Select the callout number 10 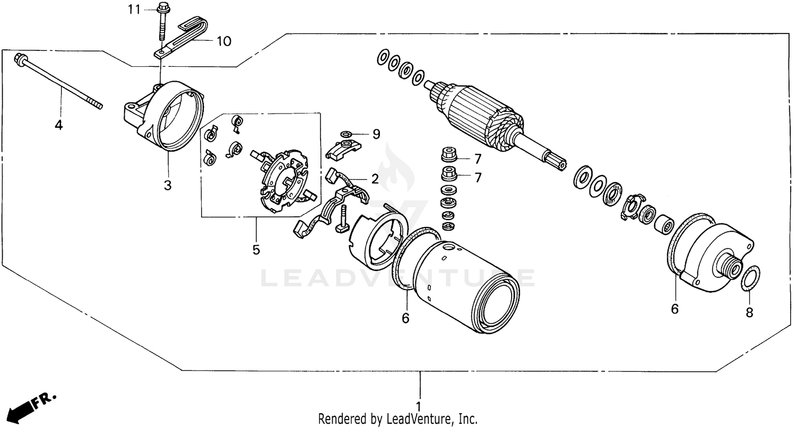tap(223, 41)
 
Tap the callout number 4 tap(58, 126)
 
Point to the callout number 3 tap(168, 185)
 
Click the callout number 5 tap(256, 249)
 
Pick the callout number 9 tap(376, 134)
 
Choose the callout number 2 tap(375, 179)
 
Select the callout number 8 tap(749, 312)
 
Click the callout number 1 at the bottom tap(419, 407)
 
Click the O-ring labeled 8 tap(749, 279)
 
